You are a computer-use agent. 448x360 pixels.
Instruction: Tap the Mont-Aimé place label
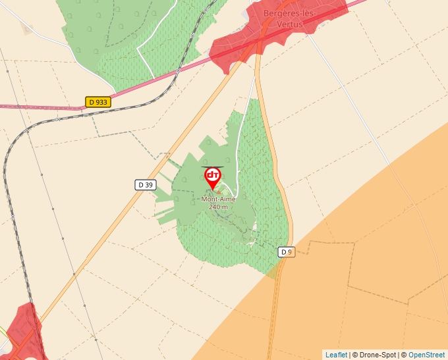pyautogui.click(x=218, y=199)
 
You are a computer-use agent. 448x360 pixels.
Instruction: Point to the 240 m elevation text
pyautogui.click(x=218, y=207)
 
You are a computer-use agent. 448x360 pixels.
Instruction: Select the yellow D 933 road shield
pyautogui.click(x=98, y=102)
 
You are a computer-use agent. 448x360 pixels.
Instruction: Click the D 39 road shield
pyautogui.click(x=145, y=185)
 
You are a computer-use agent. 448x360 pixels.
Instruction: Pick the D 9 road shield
pyautogui.click(x=285, y=252)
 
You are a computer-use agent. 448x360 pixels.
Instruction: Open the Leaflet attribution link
pyautogui.click(x=336, y=355)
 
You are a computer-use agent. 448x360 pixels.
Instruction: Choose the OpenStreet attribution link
pyautogui.click(x=426, y=355)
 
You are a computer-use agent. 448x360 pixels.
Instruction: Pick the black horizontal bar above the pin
pyautogui.click(x=211, y=167)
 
